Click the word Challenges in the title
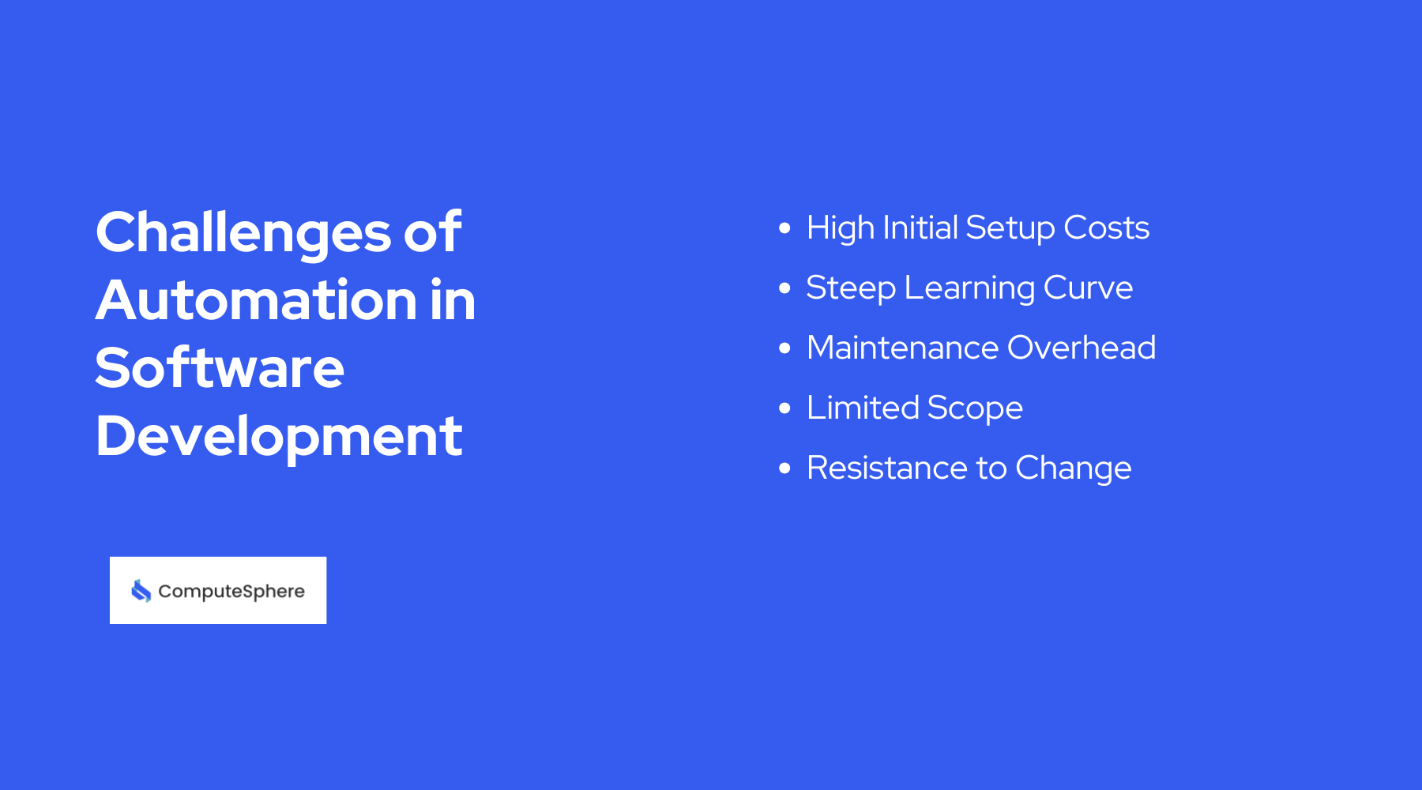(x=243, y=233)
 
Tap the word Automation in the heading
(x=257, y=301)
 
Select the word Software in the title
(x=220, y=369)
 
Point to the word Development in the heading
(x=279, y=437)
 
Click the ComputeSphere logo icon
(x=141, y=591)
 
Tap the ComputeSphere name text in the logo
(x=231, y=591)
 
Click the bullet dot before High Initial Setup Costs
(x=784, y=228)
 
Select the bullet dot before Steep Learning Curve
(x=784, y=288)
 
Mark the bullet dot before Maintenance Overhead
(x=784, y=348)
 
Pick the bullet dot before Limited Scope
(x=784, y=408)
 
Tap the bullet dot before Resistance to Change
(x=784, y=468)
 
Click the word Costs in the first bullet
(x=1106, y=228)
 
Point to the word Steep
(x=850, y=288)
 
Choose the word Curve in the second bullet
(x=1088, y=288)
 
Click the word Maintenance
(x=902, y=348)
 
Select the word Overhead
(x=1082, y=348)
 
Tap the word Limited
(x=863, y=408)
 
